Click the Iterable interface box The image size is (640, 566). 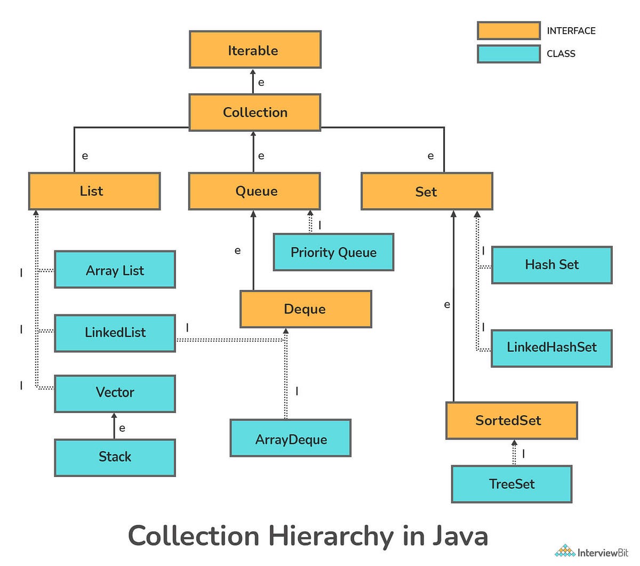(255, 50)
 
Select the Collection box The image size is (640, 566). (255, 112)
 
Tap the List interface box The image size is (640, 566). (94, 191)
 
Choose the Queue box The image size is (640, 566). (254, 191)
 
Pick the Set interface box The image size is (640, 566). (427, 191)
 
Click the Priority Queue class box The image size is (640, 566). (333, 252)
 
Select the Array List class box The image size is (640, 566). (115, 270)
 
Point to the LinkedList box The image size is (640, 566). (115, 333)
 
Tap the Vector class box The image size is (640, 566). (115, 393)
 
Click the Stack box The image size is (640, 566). (115, 457)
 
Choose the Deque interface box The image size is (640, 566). (306, 309)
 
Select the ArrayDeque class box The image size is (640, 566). (291, 438)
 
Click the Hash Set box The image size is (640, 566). (551, 265)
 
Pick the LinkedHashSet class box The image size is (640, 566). (551, 348)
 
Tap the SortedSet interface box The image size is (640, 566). (511, 421)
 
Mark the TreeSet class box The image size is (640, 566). (511, 484)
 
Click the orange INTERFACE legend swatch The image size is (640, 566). (508, 31)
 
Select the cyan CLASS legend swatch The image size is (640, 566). (508, 54)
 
